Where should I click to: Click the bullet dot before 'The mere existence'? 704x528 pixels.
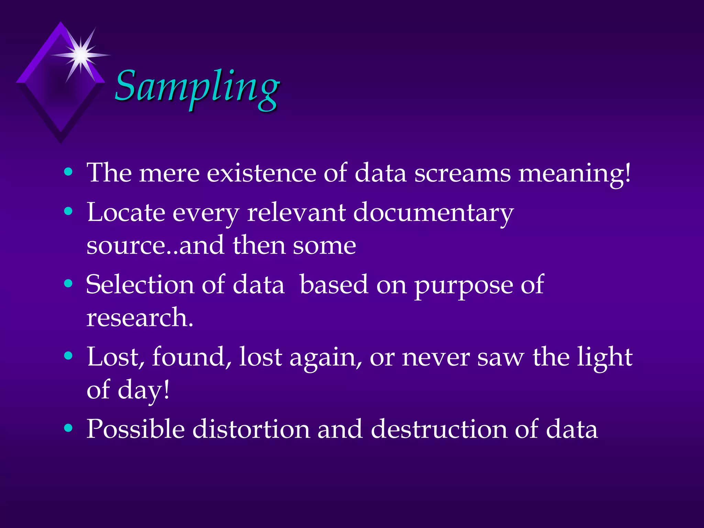[x=68, y=172]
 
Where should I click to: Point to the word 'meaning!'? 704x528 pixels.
[x=574, y=174]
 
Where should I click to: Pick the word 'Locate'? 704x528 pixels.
[x=126, y=212]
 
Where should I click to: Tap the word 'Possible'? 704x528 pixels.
[x=135, y=429]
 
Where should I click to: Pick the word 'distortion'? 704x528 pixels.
[x=251, y=429]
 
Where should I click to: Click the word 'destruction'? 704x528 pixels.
[x=439, y=429]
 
